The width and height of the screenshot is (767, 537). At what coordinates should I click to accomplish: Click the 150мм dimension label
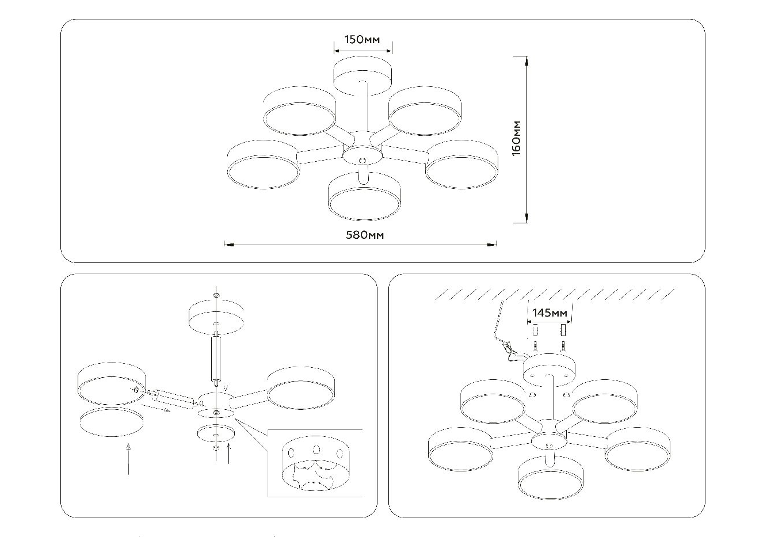(x=362, y=40)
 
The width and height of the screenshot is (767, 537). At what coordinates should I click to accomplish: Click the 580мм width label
(x=365, y=235)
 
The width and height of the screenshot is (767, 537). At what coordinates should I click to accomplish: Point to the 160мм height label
(x=516, y=138)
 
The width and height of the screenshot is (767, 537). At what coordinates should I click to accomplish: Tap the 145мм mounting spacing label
(x=550, y=313)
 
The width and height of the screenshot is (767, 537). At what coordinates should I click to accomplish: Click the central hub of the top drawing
(x=362, y=153)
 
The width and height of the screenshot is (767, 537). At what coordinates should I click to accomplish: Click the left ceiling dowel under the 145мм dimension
(x=536, y=331)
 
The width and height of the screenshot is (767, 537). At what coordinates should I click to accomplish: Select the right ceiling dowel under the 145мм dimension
(x=563, y=331)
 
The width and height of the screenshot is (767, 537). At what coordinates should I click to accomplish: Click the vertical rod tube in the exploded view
(x=216, y=359)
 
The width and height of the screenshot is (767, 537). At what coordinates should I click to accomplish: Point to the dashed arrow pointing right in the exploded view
(x=156, y=408)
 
